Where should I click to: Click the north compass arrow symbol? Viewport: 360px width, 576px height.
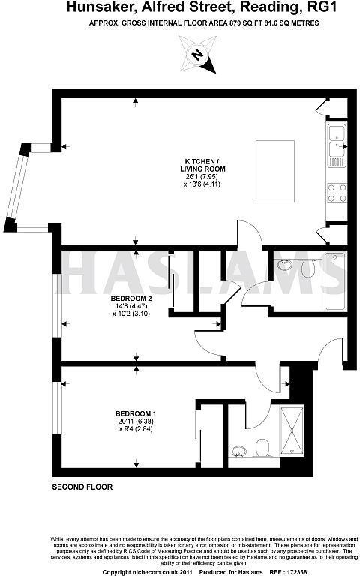click(197, 54)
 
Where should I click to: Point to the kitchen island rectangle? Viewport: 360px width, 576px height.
click(273, 165)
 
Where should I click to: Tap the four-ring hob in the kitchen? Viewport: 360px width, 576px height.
click(336, 193)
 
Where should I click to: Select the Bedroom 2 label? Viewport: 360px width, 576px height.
click(115, 298)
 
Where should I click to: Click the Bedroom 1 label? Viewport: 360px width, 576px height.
click(135, 413)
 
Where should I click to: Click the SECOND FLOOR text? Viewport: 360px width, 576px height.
click(82, 487)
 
